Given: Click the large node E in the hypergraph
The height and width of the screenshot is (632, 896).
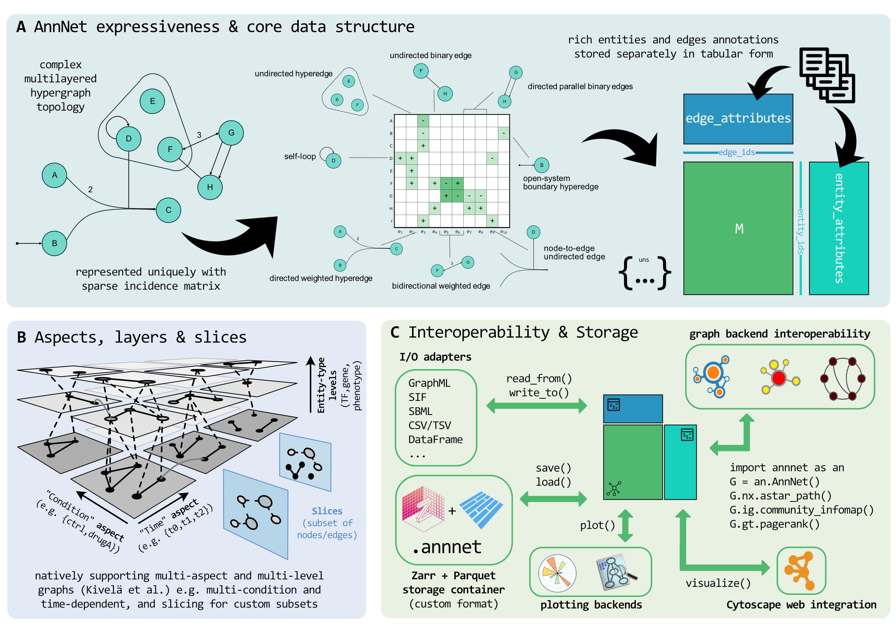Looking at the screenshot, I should [152, 101].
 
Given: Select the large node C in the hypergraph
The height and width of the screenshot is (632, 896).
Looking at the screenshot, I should [168, 210].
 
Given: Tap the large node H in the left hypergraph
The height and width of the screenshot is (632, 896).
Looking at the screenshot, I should [210, 188].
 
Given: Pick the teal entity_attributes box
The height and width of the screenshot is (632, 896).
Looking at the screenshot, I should [839, 228].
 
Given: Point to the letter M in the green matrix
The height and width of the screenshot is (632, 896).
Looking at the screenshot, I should [739, 228].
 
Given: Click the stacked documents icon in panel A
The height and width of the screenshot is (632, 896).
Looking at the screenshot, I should [827, 75].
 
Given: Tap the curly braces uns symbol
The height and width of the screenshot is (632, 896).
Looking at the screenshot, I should [645, 273].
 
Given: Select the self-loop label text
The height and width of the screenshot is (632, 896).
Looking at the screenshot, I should [300, 156].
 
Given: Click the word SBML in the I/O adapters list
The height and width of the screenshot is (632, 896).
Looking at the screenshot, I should [420, 412].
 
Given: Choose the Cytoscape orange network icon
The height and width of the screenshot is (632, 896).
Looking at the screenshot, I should [801, 571].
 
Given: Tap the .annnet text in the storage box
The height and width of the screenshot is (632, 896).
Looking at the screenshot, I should [447, 547].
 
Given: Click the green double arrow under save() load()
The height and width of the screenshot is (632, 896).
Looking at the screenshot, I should [553, 499].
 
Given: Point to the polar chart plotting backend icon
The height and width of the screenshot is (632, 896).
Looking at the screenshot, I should [557, 573].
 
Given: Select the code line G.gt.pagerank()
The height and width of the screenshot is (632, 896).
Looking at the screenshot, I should [774, 524].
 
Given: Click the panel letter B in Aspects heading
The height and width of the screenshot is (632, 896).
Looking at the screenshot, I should [21, 337].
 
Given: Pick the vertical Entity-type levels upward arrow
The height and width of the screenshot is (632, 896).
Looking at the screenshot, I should [310, 384].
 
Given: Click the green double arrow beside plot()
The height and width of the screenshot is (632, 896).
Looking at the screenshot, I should [625, 525].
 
